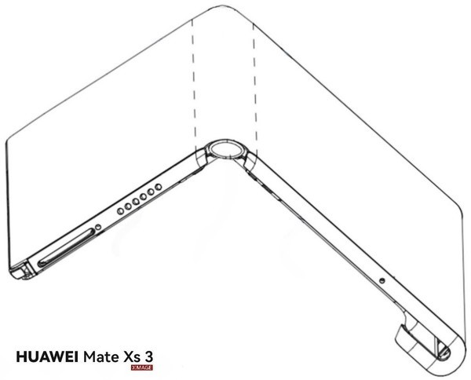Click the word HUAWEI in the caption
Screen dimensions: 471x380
[x=47, y=357]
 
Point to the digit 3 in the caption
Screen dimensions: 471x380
[x=148, y=357]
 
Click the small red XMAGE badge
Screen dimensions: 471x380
[x=142, y=367]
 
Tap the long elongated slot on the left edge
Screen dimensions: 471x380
[x=66, y=247]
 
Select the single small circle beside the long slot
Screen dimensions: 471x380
[x=98, y=227]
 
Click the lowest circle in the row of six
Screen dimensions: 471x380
[x=120, y=211]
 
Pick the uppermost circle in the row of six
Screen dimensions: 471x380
[x=159, y=187]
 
